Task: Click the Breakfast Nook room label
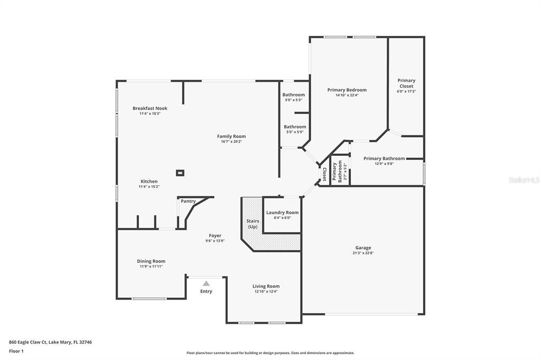[x=150, y=108]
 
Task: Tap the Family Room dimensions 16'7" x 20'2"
[x=233, y=141]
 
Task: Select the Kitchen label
[x=149, y=182]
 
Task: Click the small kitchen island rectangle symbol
[x=180, y=173]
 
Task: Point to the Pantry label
[x=188, y=201]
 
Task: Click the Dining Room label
[x=151, y=261]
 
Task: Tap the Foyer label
[x=215, y=235]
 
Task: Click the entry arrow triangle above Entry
[x=206, y=283]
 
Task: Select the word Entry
[x=206, y=291]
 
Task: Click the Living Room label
[x=266, y=286]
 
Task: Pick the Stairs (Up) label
[x=252, y=224]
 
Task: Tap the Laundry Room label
[x=282, y=212]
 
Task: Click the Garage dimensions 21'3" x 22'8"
[x=363, y=253]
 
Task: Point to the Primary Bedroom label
[x=347, y=90]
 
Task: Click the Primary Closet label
[x=406, y=83]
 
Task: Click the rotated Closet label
[x=324, y=174]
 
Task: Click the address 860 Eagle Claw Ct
[x=50, y=342]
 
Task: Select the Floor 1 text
[x=16, y=351]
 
